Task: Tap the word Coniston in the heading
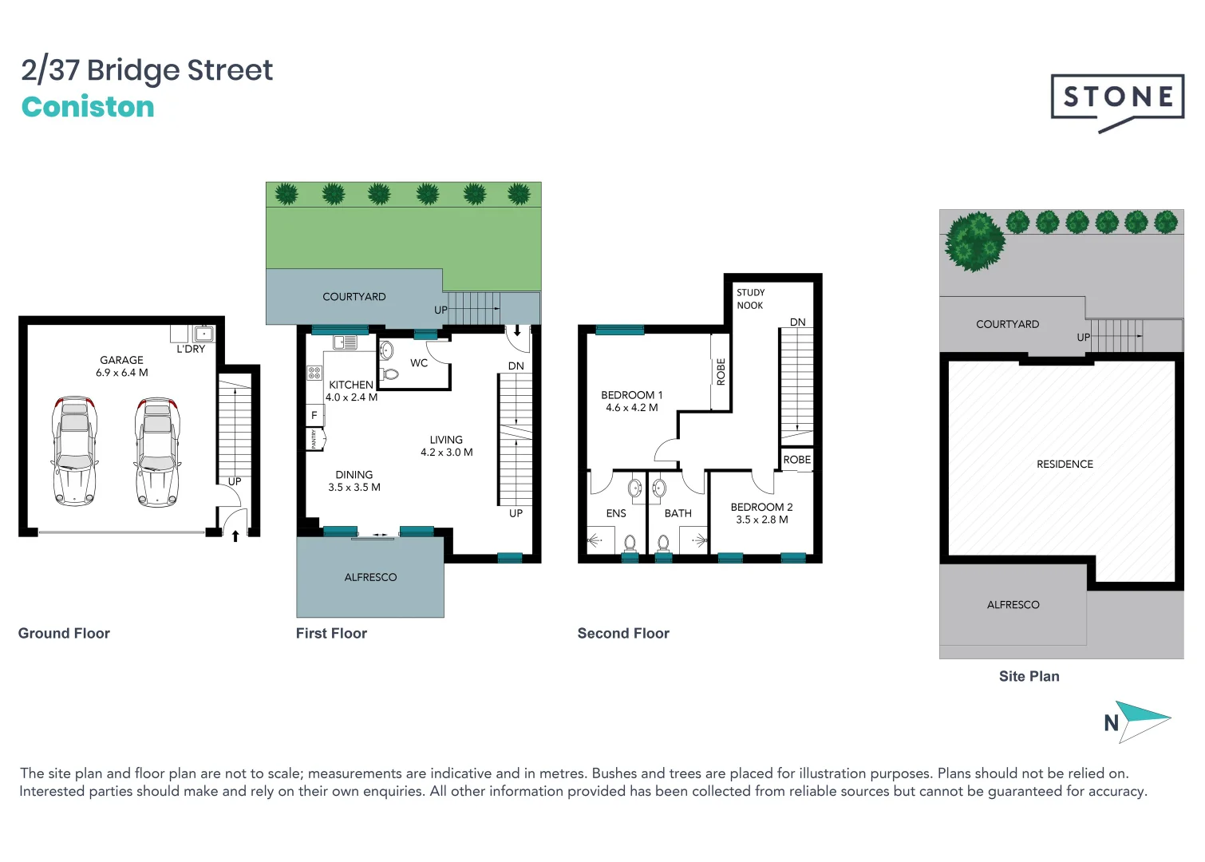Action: coord(88,107)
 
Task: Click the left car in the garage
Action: coord(74,451)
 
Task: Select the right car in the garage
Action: coord(158,451)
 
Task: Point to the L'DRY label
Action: coord(191,349)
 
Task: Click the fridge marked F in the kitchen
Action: coord(314,415)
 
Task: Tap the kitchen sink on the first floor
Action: coord(345,342)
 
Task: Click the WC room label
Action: coord(419,363)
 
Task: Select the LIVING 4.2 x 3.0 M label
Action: coord(446,446)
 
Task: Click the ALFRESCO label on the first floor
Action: coord(370,577)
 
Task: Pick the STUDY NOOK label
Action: coord(750,299)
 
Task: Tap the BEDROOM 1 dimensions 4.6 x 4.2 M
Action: coord(631,408)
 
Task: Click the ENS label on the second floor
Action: coord(616,513)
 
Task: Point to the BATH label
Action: coord(678,513)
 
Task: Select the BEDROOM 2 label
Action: coord(761,507)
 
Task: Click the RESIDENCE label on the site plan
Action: coord(1065,464)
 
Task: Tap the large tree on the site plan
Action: coord(974,241)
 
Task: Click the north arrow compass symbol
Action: coord(1140,722)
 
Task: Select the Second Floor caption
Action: coord(623,633)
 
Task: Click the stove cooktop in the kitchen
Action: coord(314,372)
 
